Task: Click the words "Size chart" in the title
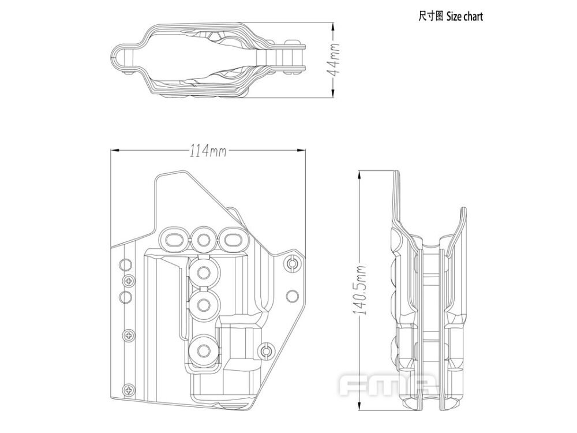464,16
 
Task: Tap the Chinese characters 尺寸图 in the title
430,16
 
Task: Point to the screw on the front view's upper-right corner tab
292,264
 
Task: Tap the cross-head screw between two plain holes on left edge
127,281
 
